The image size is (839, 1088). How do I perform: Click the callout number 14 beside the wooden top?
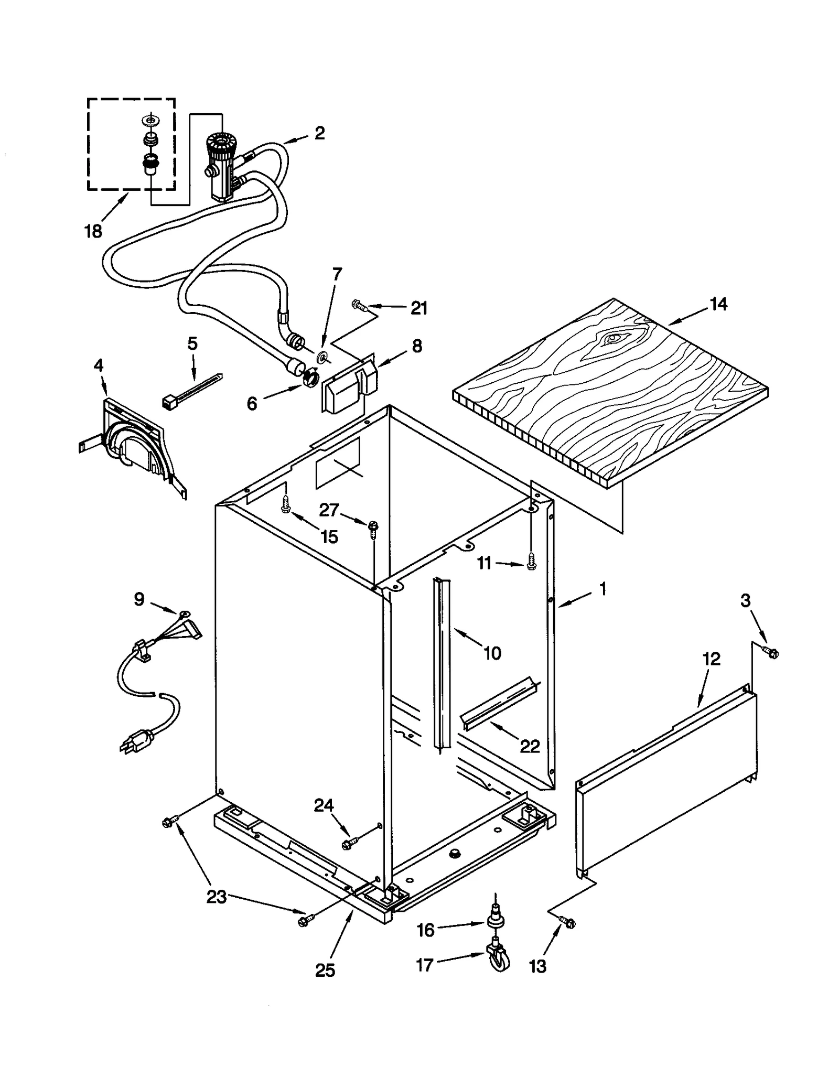[718, 304]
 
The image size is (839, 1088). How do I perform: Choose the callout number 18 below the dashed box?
[93, 231]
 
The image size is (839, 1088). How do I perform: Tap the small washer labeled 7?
[322, 358]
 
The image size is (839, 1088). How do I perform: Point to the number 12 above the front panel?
[711, 659]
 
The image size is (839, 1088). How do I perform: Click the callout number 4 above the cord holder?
[98, 365]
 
